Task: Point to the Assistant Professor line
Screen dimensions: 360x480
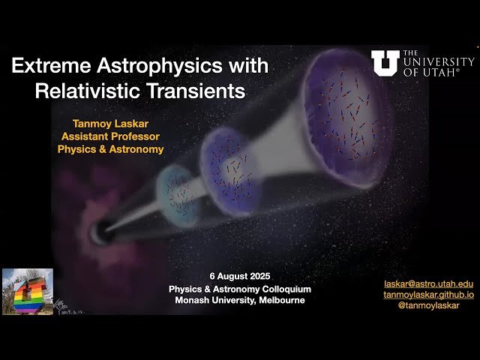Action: pyautogui.click(x=110, y=136)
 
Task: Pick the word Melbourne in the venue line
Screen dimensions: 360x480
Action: pyautogui.click(x=278, y=301)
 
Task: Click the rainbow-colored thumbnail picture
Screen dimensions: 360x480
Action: pyautogui.click(x=28, y=291)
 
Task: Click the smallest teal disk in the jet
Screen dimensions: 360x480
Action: pyautogui.click(x=178, y=189)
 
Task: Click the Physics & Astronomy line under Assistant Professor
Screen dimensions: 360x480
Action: pyautogui.click(x=110, y=148)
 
